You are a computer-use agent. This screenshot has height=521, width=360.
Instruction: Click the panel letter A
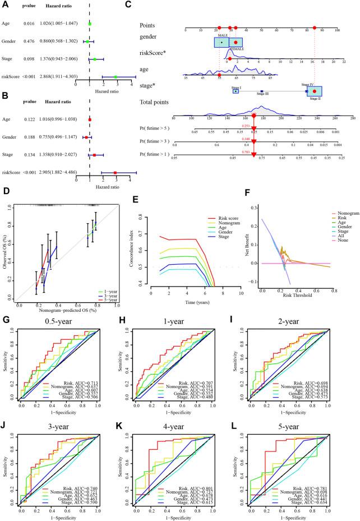click(x=6, y=5)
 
